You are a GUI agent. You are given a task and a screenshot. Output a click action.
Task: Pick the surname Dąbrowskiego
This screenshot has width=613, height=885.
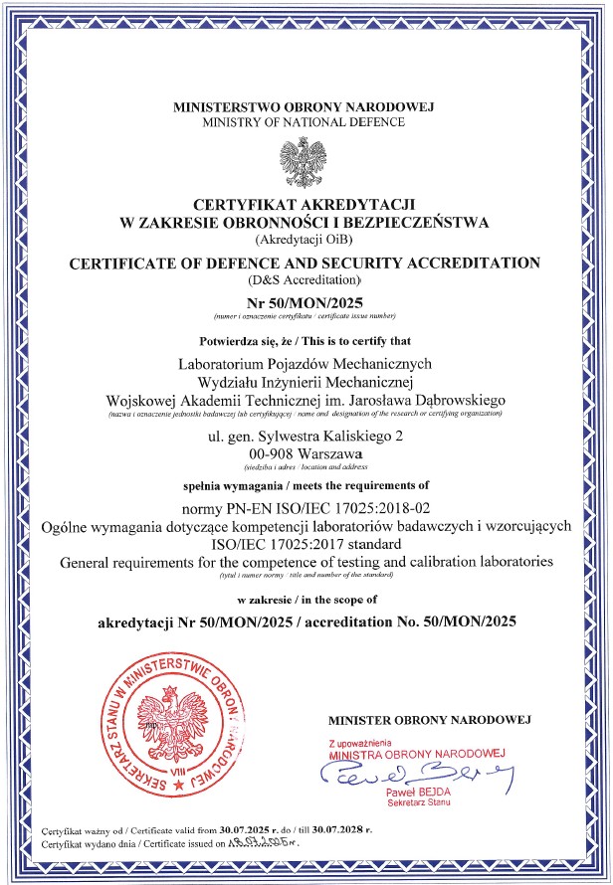coord(458,398)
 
